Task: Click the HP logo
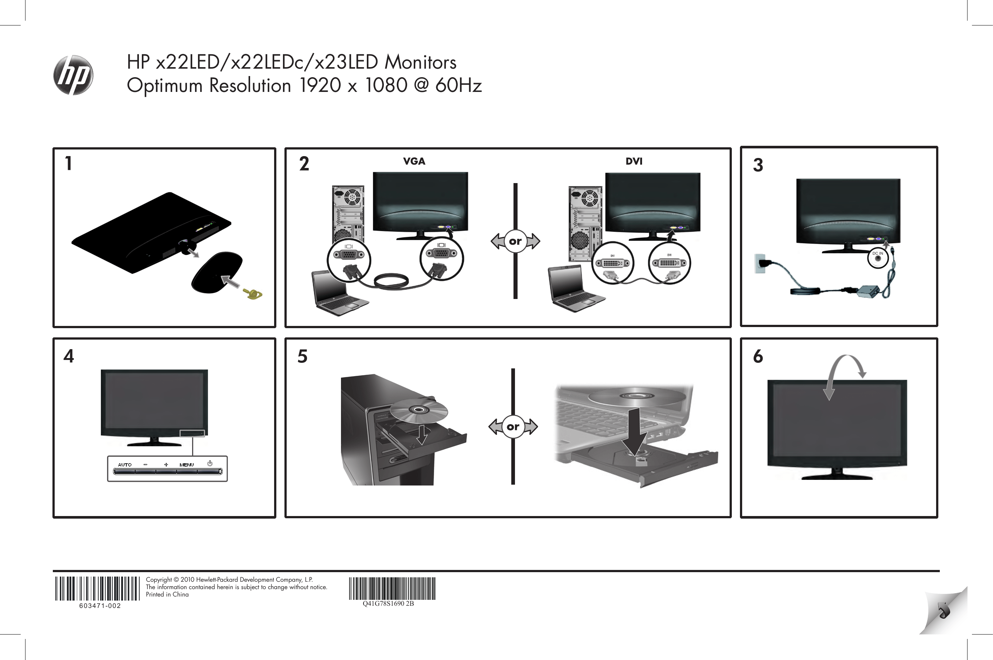pyautogui.click(x=73, y=75)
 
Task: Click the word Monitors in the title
pyautogui.click(x=420, y=62)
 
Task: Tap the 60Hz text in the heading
pyautogui.click(x=458, y=85)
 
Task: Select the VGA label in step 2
pyautogui.click(x=414, y=161)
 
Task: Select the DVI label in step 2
pyautogui.click(x=634, y=161)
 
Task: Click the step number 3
pyautogui.click(x=758, y=165)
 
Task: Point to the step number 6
pyautogui.click(x=758, y=357)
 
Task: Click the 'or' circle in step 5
pyautogui.click(x=512, y=427)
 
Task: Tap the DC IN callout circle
pyautogui.click(x=878, y=258)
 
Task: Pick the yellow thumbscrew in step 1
pyautogui.click(x=254, y=294)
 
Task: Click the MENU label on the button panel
pyautogui.click(x=187, y=465)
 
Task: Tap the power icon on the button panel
pyautogui.click(x=210, y=463)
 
